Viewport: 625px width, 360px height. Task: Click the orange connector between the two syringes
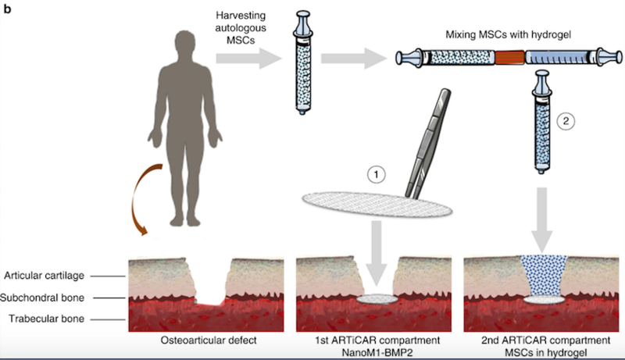tap(511, 57)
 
